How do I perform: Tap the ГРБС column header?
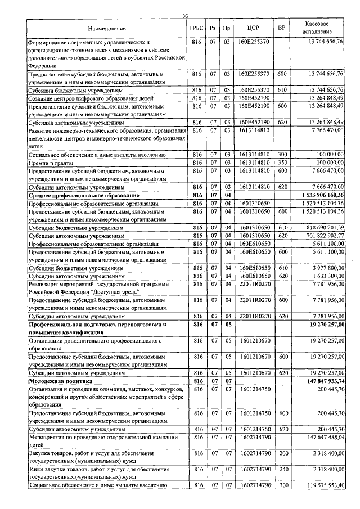pyautogui.click(x=196, y=28)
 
